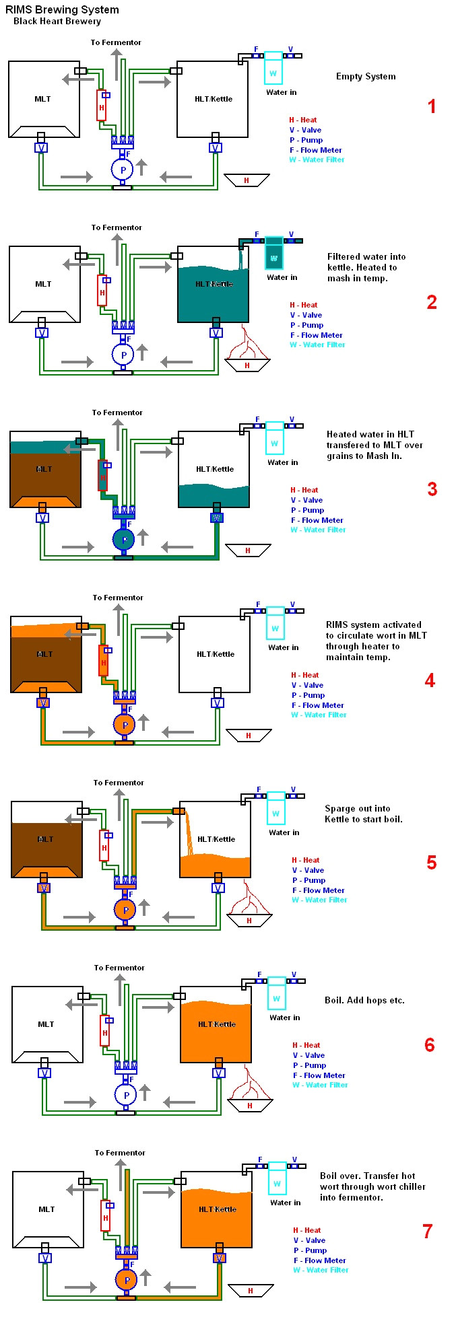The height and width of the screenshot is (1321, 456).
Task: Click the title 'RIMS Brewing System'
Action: tap(62, 9)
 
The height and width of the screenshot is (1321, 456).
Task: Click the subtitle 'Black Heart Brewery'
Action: tap(57, 22)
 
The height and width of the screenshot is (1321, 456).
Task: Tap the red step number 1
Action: tap(432, 106)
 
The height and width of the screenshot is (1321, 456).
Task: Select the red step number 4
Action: tap(430, 680)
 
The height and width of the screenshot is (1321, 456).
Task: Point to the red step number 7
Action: tap(427, 1231)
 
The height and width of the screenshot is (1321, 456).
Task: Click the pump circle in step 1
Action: tap(122, 170)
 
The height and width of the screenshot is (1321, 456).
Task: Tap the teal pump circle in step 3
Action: tap(123, 540)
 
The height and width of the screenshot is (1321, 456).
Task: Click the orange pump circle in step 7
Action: tap(126, 1279)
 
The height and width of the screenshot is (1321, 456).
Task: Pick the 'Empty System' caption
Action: tap(366, 77)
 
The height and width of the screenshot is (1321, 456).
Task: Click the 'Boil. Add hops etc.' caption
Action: tap(364, 1000)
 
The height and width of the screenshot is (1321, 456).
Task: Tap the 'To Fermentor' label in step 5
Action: tap(119, 783)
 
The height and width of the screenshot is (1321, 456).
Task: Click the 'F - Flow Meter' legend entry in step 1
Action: tap(315, 150)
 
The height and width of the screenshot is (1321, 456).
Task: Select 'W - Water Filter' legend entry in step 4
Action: tap(319, 715)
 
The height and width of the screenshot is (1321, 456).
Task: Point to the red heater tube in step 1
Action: tap(101, 106)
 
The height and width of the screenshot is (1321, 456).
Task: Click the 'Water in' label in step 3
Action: tap(282, 462)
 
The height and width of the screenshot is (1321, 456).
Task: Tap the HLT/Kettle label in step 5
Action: tap(216, 839)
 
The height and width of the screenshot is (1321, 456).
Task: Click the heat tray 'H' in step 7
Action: tap(251, 1291)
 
